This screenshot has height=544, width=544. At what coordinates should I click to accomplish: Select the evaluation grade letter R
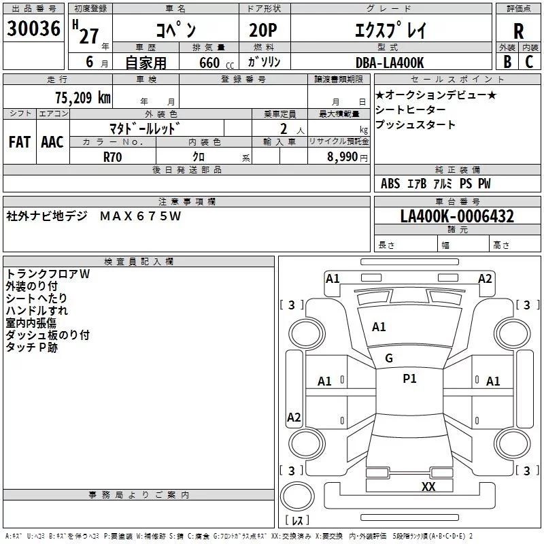[x=518, y=32]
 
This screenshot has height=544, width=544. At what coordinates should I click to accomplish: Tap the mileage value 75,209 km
[x=82, y=98]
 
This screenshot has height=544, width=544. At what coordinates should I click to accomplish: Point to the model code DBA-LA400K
[x=390, y=63]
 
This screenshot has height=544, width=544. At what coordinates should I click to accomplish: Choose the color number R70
[x=113, y=156]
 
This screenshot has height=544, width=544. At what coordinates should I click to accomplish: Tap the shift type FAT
[x=20, y=141]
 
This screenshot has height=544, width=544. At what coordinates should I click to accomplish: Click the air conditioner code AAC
[x=52, y=141]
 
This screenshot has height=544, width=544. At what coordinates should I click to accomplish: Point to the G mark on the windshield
[x=389, y=358]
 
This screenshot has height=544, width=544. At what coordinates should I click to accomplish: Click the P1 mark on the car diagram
[x=409, y=379]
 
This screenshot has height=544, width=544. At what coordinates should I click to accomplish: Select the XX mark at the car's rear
[x=428, y=486]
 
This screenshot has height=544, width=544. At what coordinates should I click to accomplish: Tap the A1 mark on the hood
[x=379, y=327]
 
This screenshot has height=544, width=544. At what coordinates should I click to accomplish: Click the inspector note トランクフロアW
[x=48, y=274]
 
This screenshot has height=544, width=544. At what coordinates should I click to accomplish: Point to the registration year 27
[x=88, y=35]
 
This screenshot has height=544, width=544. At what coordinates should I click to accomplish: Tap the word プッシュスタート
[x=415, y=125]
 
